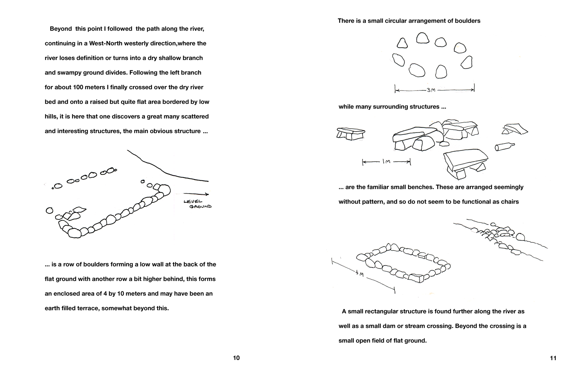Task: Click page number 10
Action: tap(236, 358)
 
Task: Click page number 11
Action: tap(553, 358)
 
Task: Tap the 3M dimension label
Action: tap(431, 90)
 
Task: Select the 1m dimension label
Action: tap(386, 162)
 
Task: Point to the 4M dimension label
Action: tap(359, 274)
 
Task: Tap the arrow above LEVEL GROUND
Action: tap(196, 194)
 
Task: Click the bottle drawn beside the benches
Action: tap(504, 146)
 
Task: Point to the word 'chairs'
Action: tap(509, 202)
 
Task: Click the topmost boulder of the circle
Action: tap(423, 38)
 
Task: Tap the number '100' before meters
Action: tap(78, 87)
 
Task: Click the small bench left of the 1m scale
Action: tap(351, 133)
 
